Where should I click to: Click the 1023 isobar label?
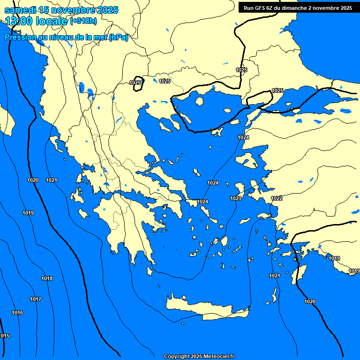(236, 199)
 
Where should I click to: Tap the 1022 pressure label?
(277, 199)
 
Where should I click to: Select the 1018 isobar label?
(47, 279)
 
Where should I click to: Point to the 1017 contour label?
(36, 300)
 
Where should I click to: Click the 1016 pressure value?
(17, 313)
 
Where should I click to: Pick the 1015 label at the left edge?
(4, 336)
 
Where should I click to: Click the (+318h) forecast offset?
(83, 21)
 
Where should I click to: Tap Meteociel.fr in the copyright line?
(218, 357)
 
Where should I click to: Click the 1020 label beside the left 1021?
(33, 180)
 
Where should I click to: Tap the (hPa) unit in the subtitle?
(118, 38)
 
